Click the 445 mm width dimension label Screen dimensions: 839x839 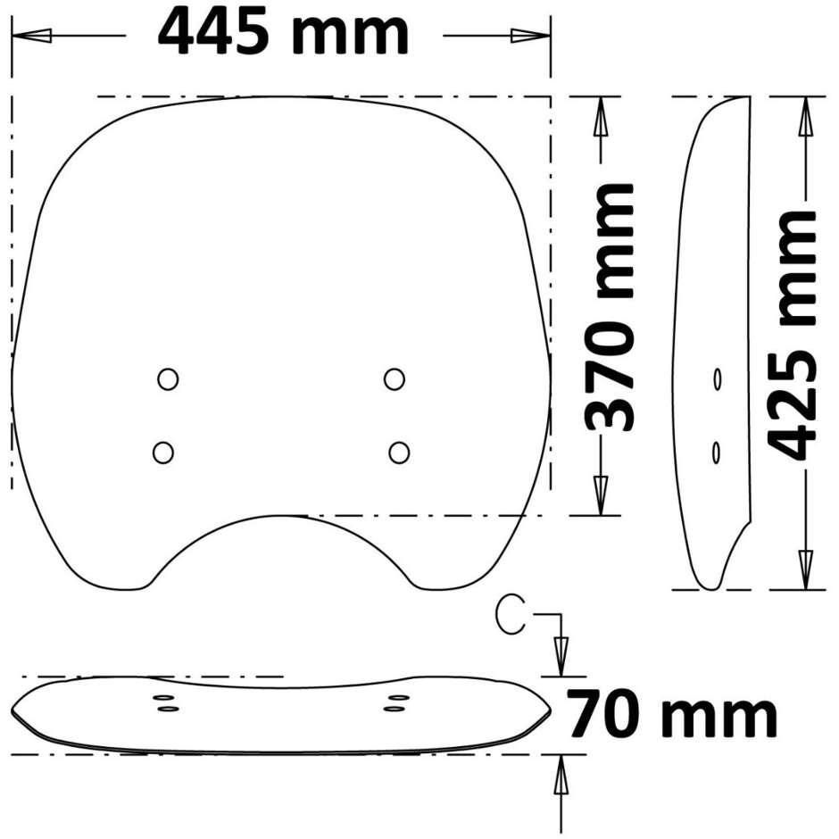(283, 33)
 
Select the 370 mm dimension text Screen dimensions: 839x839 (610, 307)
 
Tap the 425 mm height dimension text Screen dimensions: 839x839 (792, 335)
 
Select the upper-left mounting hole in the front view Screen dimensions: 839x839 (168, 379)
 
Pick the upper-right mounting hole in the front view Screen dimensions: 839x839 (395, 379)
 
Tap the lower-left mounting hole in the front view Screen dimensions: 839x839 (163, 453)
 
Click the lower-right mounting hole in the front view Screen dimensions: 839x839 (399, 453)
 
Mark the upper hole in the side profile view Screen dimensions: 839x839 (717, 379)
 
